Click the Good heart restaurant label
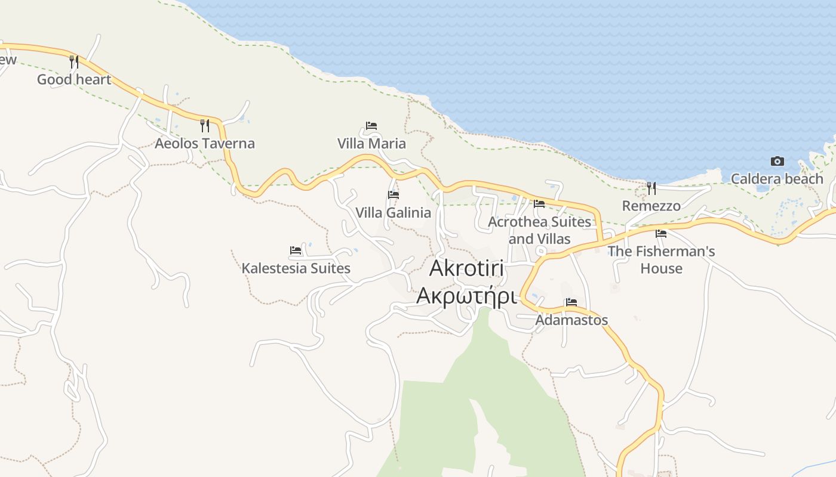[74, 79]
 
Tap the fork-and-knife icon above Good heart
[74, 61]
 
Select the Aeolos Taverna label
[205, 143]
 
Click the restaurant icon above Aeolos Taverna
[205, 125]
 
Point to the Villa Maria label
[371, 144]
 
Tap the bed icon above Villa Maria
[371, 126]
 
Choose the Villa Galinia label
[393, 213]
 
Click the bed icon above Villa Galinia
[393, 194]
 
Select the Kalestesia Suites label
[296, 268]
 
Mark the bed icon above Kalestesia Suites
[296, 250]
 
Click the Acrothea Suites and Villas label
[539, 230]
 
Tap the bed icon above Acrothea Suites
[539, 203]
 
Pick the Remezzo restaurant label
[651, 206]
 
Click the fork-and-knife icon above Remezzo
[651, 188]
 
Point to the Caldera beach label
[777, 179]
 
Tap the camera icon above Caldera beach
[777, 161]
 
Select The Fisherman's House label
[661, 260]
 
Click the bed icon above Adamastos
[571, 302]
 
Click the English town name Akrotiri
[467, 268]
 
